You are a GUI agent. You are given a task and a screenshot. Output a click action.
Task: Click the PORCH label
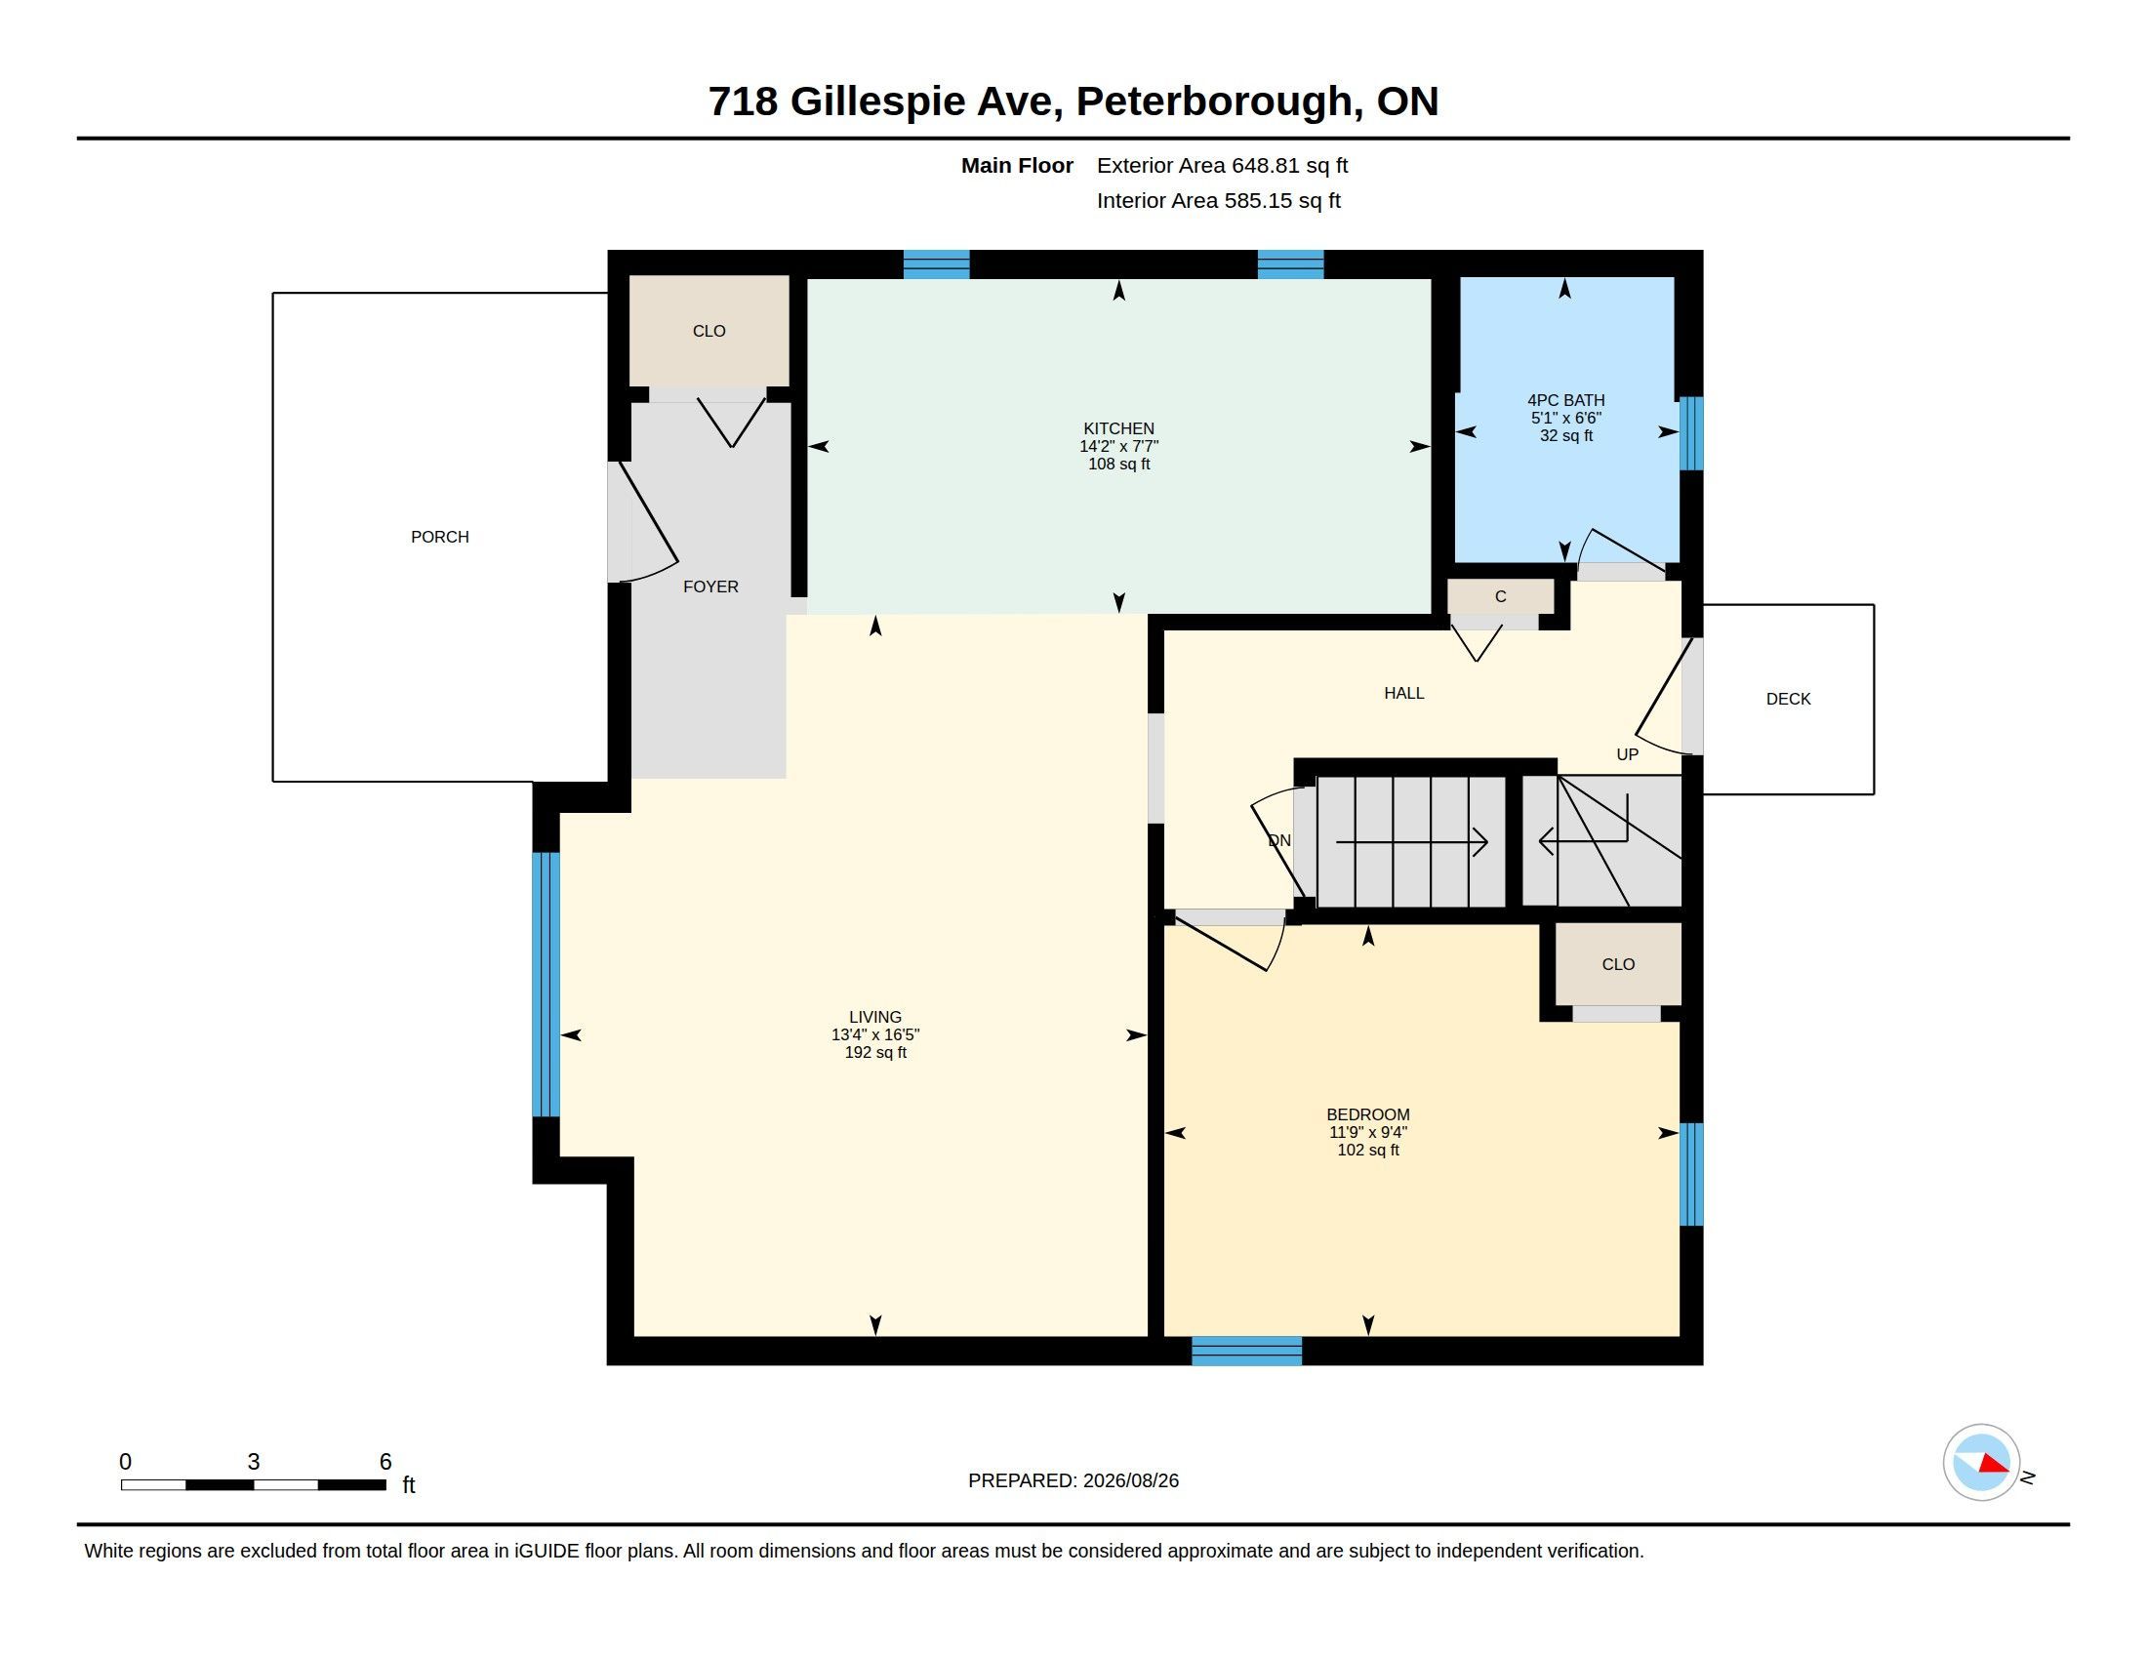tap(439, 537)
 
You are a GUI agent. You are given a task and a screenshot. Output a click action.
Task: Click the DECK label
tap(1788, 699)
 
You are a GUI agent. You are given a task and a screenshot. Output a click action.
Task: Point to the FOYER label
tap(710, 587)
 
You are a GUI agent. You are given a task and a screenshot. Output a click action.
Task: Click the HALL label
tap(1403, 693)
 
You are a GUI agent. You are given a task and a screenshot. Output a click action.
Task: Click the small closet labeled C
tap(1500, 596)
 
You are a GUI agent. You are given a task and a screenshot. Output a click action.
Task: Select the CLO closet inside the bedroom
tap(1618, 964)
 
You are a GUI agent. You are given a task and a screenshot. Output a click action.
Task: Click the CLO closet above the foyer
tap(709, 331)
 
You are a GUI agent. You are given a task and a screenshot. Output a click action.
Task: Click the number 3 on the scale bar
tap(254, 1462)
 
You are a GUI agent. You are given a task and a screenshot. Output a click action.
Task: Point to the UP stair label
tap(1627, 754)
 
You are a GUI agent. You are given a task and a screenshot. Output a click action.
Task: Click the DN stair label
tap(1279, 840)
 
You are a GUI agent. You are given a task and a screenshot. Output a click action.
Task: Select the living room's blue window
tap(546, 985)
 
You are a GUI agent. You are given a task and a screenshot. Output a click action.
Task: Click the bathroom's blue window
tap(1691, 433)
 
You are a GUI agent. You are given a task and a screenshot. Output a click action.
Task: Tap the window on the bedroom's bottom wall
tap(1246, 1351)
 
